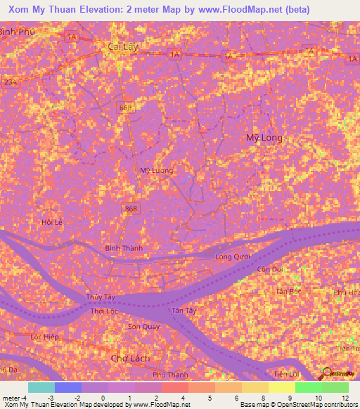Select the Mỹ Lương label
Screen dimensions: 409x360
[x=156, y=170]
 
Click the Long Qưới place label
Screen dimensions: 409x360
[x=233, y=257]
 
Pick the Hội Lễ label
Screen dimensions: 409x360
[x=52, y=222]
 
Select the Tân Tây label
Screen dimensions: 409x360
[x=184, y=309]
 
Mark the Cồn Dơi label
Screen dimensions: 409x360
[x=269, y=269]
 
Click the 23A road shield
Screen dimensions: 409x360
[x=9, y=82]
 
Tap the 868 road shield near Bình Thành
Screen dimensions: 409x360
[x=131, y=209]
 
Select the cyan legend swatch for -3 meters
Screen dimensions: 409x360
[x=41, y=387]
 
